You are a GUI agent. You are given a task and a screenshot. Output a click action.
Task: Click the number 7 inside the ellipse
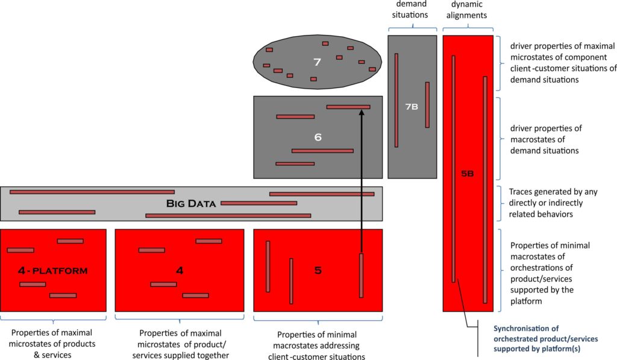tap(317, 62)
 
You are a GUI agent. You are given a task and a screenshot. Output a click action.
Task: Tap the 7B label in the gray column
tap(412, 107)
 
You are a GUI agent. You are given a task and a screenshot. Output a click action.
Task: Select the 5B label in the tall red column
tap(468, 174)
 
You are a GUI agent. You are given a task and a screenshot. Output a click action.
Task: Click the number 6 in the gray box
tap(318, 137)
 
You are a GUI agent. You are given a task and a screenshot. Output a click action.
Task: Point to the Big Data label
tap(191, 204)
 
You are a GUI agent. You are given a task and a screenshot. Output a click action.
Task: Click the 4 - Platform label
tap(53, 271)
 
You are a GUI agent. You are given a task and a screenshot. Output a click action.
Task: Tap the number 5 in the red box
tap(318, 271)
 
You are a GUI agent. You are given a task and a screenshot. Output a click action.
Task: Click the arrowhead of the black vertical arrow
tap(361, 113)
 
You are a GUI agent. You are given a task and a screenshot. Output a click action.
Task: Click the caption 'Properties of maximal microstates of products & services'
tap(53, 344)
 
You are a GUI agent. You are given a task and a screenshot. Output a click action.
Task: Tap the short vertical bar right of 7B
tap(427, 104)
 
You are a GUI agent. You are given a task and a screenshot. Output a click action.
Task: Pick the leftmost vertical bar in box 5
tap(268, 267)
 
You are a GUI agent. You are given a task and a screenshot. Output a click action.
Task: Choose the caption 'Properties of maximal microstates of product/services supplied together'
tap(180, 344)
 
